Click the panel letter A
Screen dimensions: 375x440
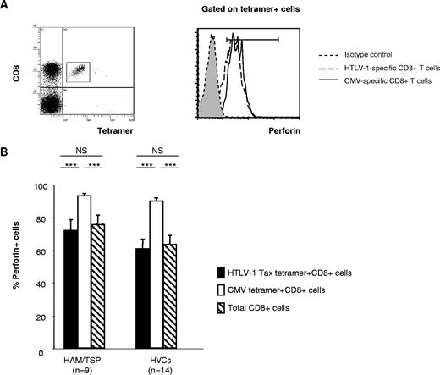(x=7, y=7)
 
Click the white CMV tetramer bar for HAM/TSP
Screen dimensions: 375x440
(x=84, y=272)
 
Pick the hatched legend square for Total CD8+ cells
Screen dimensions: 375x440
(x=221, y=312)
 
